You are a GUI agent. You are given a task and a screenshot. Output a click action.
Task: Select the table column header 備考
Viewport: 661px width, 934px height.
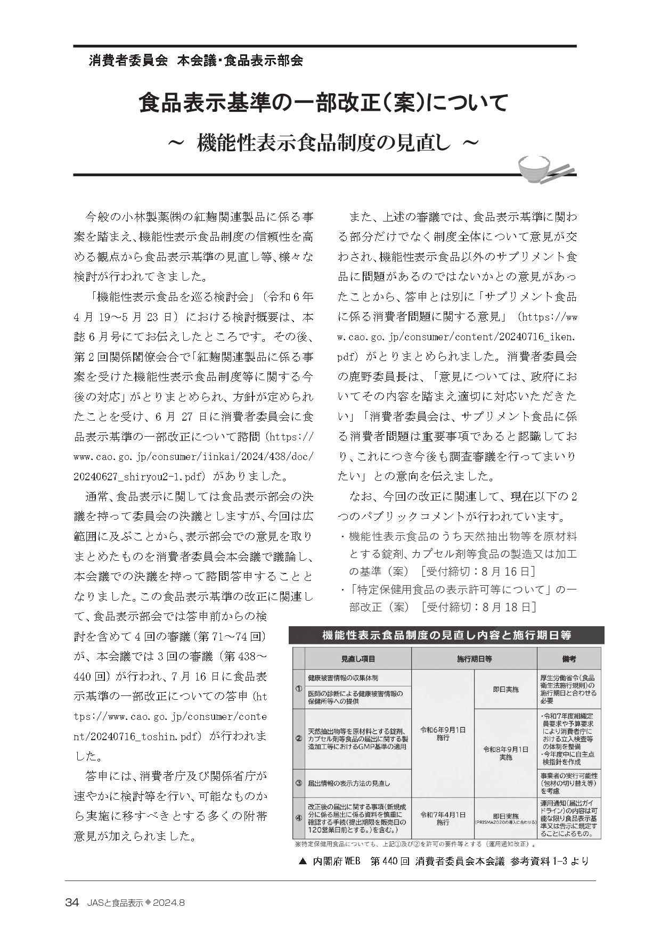[568, 659]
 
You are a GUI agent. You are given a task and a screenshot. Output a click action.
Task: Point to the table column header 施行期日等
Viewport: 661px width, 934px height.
[474, 659]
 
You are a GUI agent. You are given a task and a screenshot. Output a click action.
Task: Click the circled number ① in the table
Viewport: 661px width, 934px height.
[298, 689]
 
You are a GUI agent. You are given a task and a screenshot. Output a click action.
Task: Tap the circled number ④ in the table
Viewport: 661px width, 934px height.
[298, 818]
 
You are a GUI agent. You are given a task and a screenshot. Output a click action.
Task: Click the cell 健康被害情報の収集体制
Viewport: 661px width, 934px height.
[343, 678]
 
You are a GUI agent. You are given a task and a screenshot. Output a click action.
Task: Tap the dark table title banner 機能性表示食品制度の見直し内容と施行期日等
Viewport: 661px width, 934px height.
[446, 635]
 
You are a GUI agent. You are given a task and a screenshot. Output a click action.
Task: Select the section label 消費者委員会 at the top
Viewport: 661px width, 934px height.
[128, 60]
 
